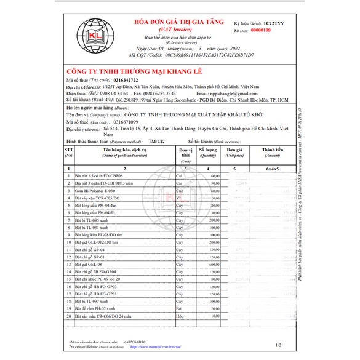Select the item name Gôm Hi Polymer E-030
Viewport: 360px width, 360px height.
pos(94,191)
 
